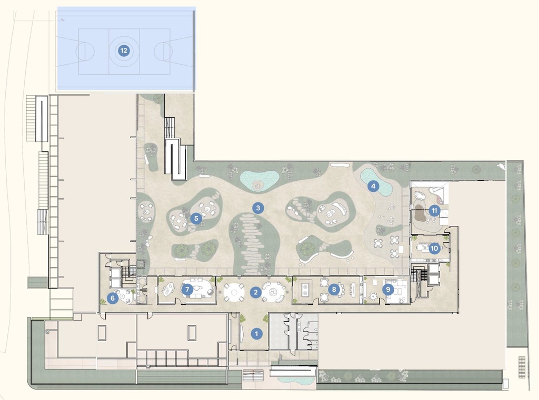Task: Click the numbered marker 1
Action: [x=257, y=333]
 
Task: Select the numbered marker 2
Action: [x=255, y=292]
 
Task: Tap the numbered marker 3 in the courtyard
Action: [x=257, y=208]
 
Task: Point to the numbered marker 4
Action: [x=373, y=186]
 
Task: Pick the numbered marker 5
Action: [x=196, y=218]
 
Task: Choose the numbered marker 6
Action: [x=112, y=298]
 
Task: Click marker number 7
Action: [x=187, y=289]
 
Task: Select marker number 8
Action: [x=333, y=289]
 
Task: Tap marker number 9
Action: [x=388, y=289]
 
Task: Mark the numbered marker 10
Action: [x=434, y=249]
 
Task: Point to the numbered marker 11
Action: [x=434, y=210]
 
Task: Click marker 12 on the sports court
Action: [x=123, y=51]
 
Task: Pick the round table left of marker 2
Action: [x=234, y=292]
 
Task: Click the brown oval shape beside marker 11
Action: [x=420, y=213]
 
